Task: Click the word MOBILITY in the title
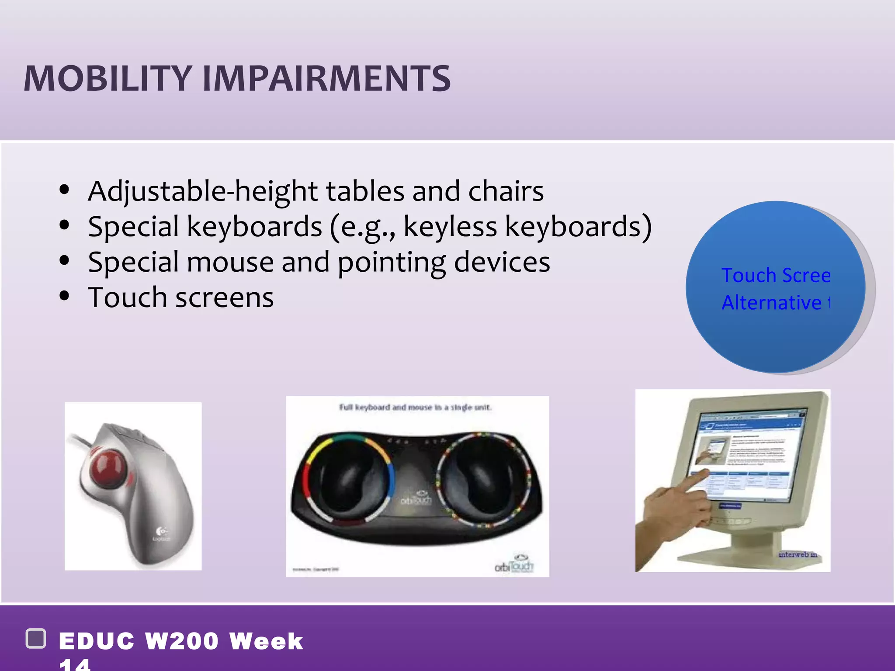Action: (108, 79)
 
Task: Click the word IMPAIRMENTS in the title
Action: (326, 79)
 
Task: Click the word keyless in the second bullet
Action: (450, 227)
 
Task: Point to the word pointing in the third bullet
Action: (392, 263)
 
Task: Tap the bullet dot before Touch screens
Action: (64, 296)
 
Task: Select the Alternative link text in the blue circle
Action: (772, 303)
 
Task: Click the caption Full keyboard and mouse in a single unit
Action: (415, 407)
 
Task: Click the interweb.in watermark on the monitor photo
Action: (798, 554)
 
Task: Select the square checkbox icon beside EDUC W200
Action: (36, 639)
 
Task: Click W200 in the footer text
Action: (181, 641)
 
